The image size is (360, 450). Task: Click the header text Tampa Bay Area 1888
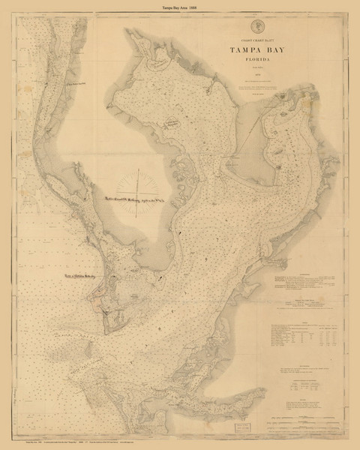pos(180,6)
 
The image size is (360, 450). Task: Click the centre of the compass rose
pos(140,197)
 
